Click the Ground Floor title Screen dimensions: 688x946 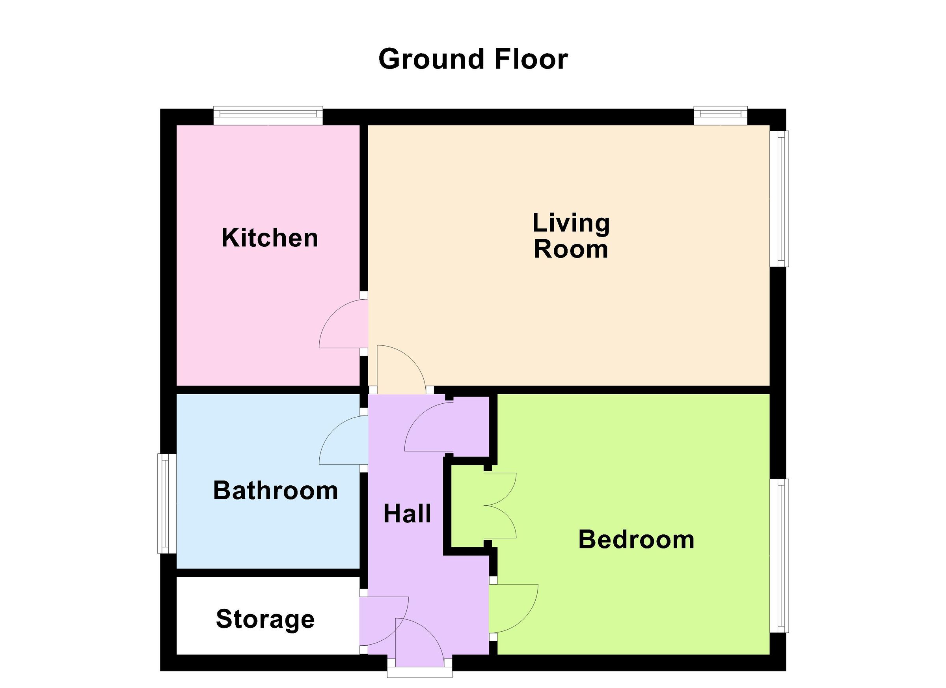473,59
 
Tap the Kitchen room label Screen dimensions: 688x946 270,238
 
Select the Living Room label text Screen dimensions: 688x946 571,236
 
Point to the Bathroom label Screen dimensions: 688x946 275,490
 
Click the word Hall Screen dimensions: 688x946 407,514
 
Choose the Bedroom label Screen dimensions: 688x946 636,539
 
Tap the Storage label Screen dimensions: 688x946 265,619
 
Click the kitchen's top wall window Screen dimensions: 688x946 268,116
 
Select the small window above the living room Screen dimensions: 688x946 721,116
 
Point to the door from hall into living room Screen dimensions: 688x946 400,369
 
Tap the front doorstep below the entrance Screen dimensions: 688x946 419,672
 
